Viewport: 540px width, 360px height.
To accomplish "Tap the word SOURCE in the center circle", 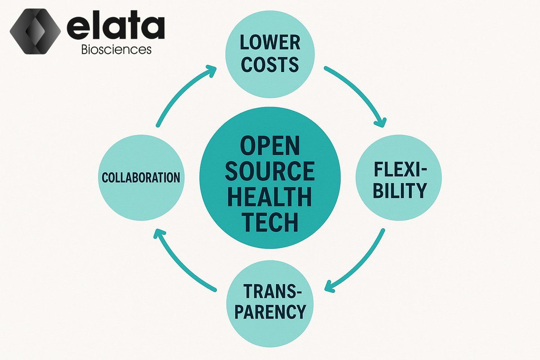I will pyautogui.click(x=269, y=172).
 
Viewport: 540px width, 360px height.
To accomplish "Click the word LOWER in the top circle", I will pyautogui.click(x=270, y=43).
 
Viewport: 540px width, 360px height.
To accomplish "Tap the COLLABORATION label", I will pyautogui.click(x=141, y=177).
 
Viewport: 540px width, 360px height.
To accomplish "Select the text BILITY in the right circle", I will pyautogui.click(x=399, y=191).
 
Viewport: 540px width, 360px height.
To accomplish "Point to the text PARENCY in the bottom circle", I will pyautogui.click(x=270, y=312).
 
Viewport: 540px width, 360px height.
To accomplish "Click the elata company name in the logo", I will pyautogui.click(x=116, y=27).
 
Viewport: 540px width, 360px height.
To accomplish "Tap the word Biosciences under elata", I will pyautogui.click(x=116, y=49).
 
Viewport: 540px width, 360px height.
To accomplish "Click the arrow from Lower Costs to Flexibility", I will pyautogui.click(x=360, y=90).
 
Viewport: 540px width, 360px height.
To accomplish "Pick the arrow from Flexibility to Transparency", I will pyautogui.click(x=360, y=265).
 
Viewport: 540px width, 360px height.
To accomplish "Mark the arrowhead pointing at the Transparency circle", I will pyautogui.click(x=329, y=287).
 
